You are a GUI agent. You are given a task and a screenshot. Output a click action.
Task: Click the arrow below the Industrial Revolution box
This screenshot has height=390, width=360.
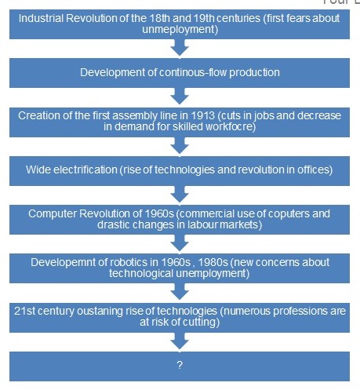tap(180, 49)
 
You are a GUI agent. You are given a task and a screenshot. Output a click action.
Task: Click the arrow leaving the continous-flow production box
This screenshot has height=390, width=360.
tap(180, 95)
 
